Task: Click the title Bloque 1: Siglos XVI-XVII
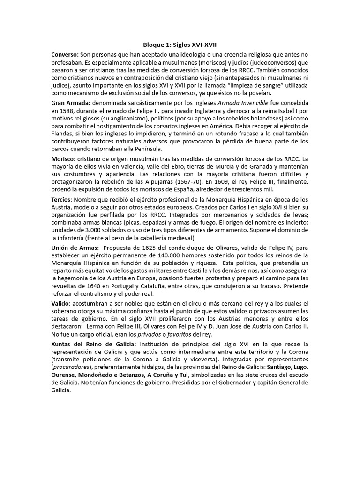tap(180, 45)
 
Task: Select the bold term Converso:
tap(65, 55)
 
